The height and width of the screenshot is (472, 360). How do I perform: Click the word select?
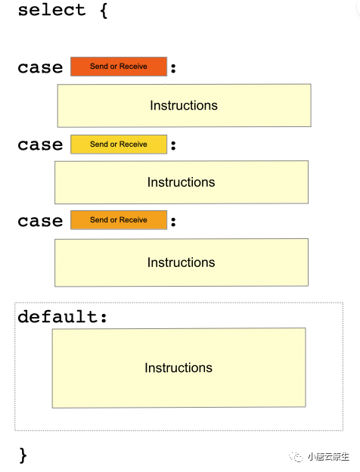pos(51,10)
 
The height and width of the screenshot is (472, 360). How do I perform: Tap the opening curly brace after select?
pos(104,11)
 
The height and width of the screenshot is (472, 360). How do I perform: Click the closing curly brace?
pos(23,455)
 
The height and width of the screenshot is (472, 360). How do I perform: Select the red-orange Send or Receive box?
pos(119,67)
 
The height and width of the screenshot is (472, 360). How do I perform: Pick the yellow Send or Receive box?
pos(119,144)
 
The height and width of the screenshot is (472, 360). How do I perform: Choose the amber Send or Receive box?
pos(119,220)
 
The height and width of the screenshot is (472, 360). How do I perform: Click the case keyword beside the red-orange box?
pos(40,67)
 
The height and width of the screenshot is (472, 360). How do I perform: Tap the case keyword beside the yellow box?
pos(40,144)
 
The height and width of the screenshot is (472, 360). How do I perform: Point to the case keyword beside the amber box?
pos(40,221)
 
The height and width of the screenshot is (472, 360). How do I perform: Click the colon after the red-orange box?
pos(173,68)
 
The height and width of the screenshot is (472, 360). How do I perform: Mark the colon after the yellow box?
pos(173,145)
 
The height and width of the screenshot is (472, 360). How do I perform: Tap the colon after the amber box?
pos(173,222)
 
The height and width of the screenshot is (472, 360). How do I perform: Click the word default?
pos(57,316)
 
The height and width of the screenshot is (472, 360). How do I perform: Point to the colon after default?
pos(104,318)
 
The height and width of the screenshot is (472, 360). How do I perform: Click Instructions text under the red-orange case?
pos(184,105)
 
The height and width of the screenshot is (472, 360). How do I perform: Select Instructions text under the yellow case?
pos(182,182)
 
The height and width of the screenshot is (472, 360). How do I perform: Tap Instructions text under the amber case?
pos(182,262)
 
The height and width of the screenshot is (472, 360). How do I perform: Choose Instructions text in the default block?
pos(178,368)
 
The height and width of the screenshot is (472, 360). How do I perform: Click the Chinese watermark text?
pos(328,457)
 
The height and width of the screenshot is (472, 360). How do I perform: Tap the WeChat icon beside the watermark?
pos(296,457)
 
